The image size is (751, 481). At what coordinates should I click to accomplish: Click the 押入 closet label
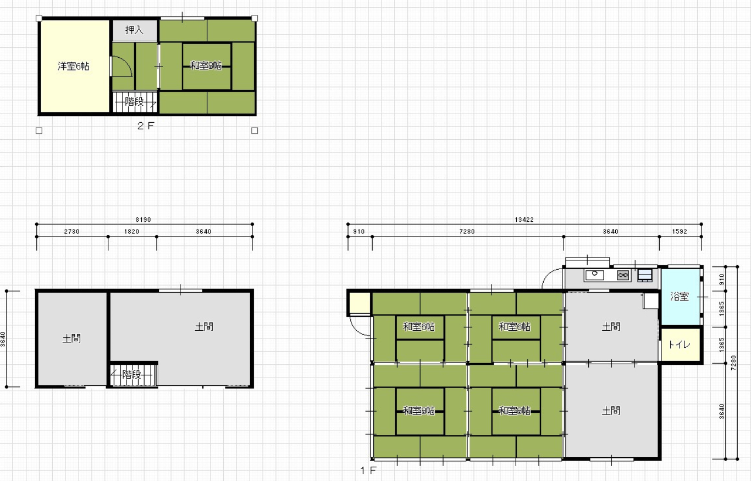click(134, 30)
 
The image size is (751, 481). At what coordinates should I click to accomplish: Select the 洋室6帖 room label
click(74, 66)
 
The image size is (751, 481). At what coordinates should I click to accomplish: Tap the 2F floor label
click(146, 126)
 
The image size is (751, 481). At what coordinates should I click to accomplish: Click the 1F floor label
click(368, 471)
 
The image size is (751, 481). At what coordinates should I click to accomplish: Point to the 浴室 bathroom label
click(680, 297)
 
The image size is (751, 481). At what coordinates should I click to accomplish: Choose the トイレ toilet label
click(680, 345)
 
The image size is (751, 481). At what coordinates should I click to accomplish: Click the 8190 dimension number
click(143, 220)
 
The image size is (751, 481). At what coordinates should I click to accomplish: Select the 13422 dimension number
click(524, 220)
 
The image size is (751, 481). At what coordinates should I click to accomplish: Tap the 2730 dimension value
click(72, 232)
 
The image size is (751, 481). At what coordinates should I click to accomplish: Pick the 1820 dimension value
click(131, 232)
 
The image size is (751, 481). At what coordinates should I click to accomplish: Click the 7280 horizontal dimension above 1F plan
click(467, 232)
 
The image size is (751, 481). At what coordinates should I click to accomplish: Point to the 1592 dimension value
click(680, 232)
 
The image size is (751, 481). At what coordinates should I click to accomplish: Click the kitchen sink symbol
click(594, 275)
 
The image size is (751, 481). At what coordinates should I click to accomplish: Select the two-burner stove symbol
click(623, 276)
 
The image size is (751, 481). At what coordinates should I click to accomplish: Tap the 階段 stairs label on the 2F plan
click(134, 101)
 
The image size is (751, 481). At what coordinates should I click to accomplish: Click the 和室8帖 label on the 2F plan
click(206, 65)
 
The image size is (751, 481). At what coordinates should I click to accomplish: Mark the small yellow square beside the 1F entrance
click(360, 303)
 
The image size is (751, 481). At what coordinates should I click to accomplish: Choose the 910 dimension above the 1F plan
click(359, 232)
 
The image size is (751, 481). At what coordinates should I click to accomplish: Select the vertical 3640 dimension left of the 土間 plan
click(3, 339)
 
